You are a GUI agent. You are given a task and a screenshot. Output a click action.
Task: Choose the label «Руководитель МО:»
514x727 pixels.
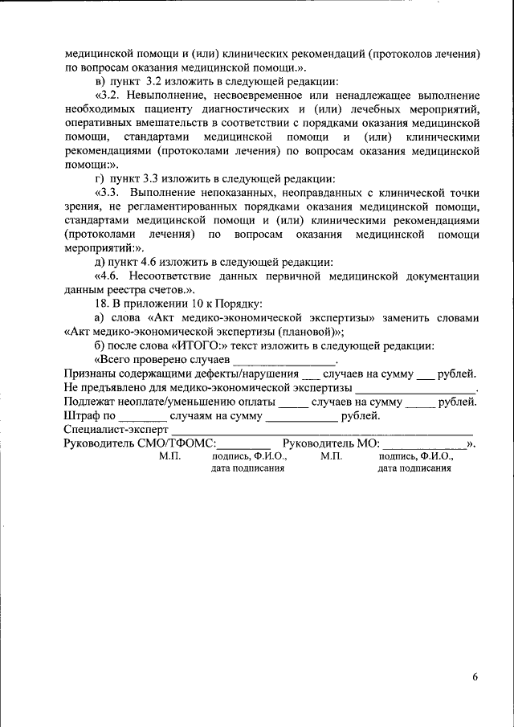[331, 443]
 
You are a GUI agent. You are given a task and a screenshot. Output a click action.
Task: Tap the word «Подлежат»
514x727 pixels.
[90, 402]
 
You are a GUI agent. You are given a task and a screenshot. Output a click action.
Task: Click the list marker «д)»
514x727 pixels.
[100, 262]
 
